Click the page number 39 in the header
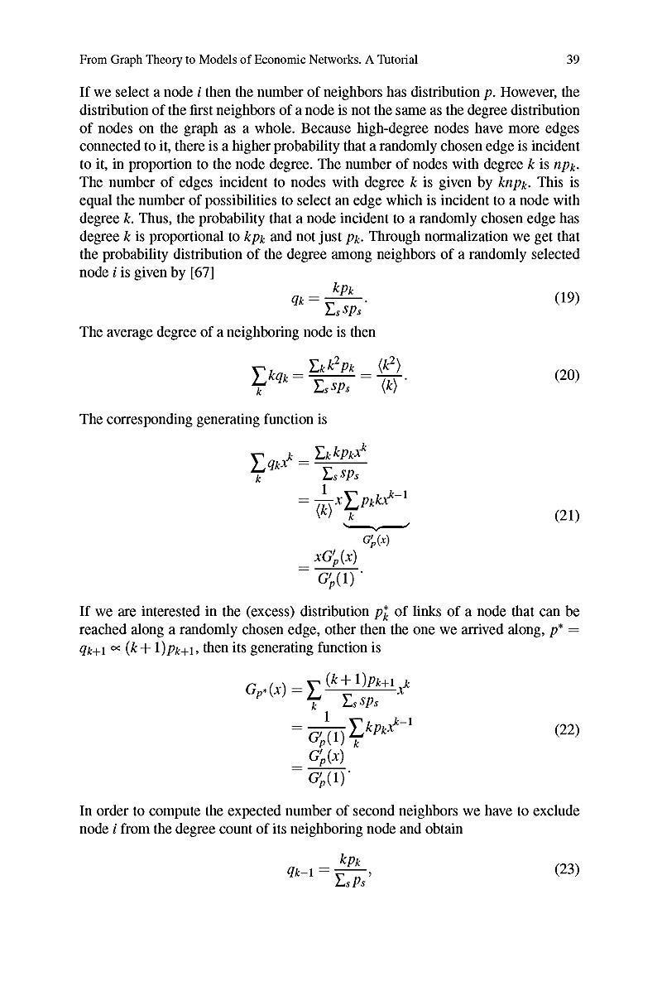[x=572, y=60]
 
